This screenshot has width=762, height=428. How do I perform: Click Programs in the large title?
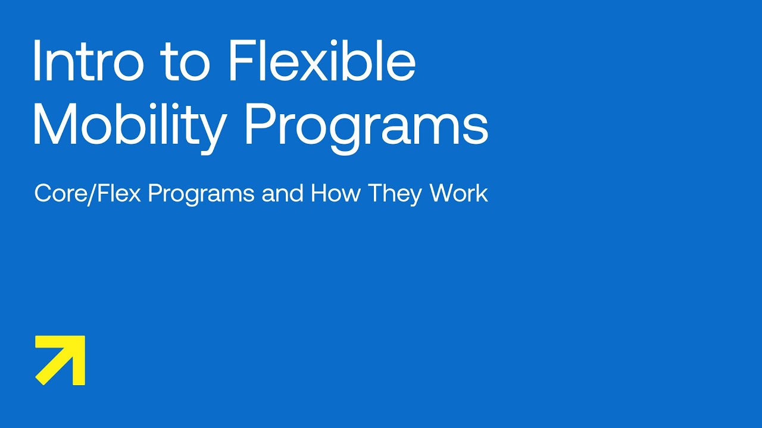coord(366,126)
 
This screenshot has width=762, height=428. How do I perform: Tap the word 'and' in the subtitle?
coord(283,194)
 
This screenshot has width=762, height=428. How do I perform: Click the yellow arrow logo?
coord(60,360)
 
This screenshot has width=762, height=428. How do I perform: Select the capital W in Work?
coord(442,194)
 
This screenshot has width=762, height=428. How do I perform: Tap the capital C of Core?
coord(43,194)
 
